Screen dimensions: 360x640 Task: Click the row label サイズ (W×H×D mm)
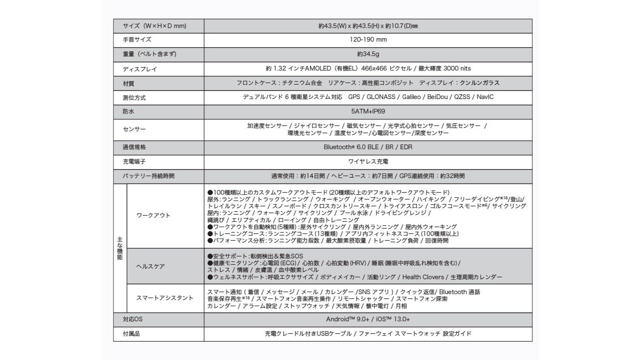pos(154,26)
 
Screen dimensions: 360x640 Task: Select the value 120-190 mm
pos(368,40)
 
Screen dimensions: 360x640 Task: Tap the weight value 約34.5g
pos(368,54)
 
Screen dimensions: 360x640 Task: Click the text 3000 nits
pos(457,68)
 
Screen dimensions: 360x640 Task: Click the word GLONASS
pos(381,97)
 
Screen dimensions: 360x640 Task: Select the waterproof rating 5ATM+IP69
pos(368,111)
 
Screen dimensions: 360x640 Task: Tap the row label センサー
pos(134,129)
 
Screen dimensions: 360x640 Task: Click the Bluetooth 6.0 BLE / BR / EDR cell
pos(368,147)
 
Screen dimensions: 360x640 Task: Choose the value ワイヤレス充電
pos(368,162)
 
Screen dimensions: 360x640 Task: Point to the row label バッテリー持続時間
pos(148,176)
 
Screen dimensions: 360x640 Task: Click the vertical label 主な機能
pos(120,248)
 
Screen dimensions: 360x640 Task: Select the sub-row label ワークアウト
pos(153,215)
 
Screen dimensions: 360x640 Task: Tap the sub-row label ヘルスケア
pos(150,266)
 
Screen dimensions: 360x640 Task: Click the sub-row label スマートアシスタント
pos(164,298)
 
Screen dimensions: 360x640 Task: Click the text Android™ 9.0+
pos(347,319)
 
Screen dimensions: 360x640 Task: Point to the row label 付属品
pos(131,334)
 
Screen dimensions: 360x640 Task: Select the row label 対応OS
pos(133,319)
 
